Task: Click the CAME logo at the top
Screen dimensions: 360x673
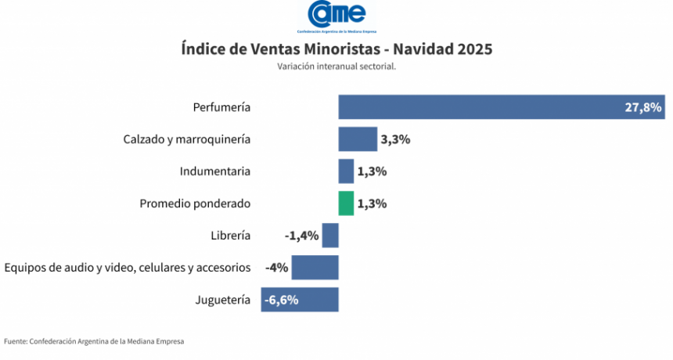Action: (336, 15)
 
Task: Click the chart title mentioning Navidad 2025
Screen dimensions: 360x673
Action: (336, 49)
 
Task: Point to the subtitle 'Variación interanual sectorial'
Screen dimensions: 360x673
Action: (336, 67)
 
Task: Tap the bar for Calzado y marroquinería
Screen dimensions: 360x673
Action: (357, 139)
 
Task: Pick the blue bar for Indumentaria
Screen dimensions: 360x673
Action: (345, 171)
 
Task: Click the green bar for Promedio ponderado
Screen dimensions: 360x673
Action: (345, 203)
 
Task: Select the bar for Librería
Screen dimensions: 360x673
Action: (330, 236)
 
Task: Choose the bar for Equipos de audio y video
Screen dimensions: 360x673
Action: (315, 268)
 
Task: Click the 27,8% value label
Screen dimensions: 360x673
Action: (643, 107)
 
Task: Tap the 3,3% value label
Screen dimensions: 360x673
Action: (395, 139)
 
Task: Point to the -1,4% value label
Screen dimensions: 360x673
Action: (301, 236)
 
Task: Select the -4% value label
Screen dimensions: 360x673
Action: (277, 268)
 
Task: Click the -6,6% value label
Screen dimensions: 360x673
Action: (281, 300)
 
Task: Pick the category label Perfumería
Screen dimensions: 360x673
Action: (221, 106)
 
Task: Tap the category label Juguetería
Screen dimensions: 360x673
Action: (222, 300)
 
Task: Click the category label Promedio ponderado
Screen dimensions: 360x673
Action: (195, 203)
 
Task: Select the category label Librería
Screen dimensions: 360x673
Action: (230, 236)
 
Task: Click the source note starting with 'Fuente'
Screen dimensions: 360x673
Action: (94, 341)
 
